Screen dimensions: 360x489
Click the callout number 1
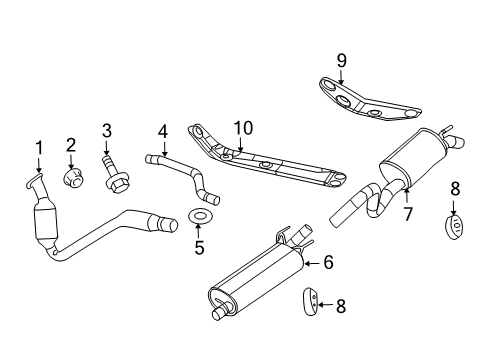tap(39, 148)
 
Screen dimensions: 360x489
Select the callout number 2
tap(72, 145)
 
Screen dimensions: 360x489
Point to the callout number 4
tap(162, 130)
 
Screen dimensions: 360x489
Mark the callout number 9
tap(341, 61)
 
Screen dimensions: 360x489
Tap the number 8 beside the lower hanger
tap(341, 308)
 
